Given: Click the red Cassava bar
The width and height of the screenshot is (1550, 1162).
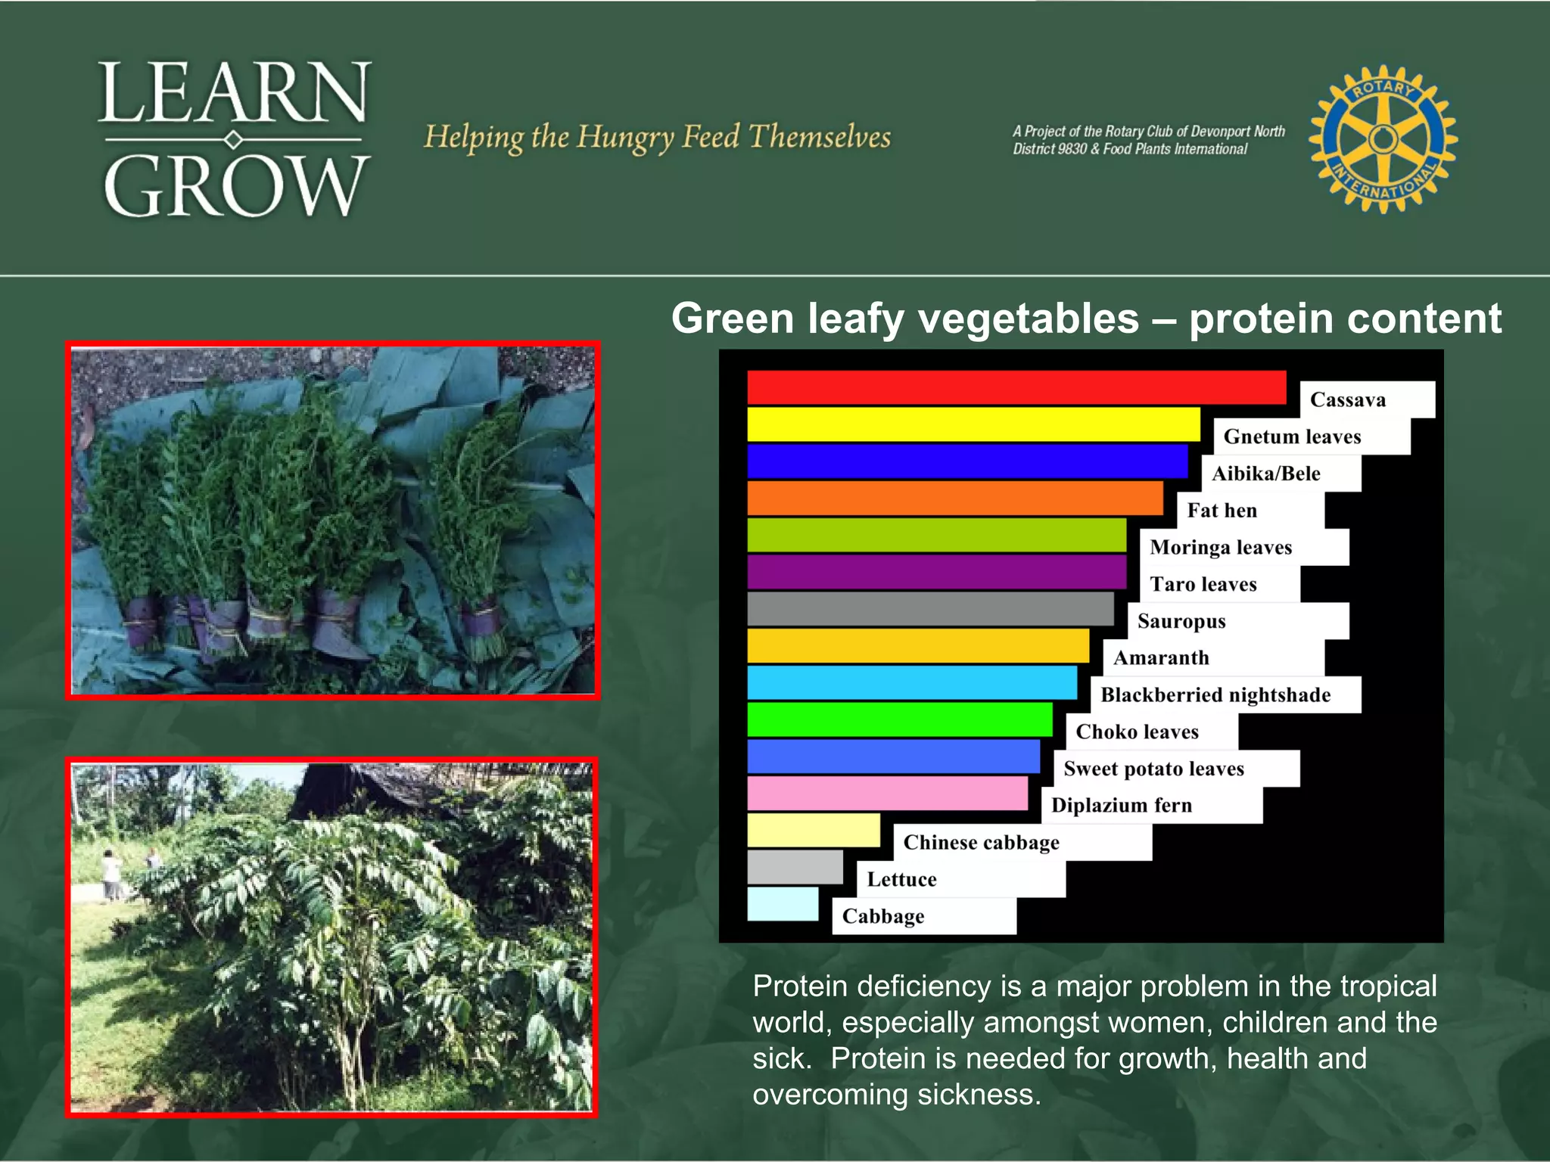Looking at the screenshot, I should pos(1016,387).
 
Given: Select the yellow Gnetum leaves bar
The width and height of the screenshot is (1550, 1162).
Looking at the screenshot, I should pos(973,424).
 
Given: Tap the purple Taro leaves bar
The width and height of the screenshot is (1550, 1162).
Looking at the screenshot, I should pos(936,572).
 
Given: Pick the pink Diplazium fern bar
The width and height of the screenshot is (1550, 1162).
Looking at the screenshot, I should pos(887,794).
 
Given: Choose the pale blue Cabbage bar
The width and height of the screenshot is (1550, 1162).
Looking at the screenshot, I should pos(783,904).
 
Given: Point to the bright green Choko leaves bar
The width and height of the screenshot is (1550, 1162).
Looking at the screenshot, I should pos(899,719).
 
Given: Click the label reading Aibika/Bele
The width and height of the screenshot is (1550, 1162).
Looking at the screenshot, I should pos(1265,474).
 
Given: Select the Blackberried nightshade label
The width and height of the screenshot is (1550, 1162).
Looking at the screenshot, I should pos(1215,694).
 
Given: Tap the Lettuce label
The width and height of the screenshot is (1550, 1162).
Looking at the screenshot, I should pos(901,879).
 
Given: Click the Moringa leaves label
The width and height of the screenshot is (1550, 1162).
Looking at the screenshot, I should pos(1220,547).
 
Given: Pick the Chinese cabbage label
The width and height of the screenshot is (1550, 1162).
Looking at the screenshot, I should pos(981,842).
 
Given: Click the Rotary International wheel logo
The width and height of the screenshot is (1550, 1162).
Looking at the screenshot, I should pos(1383,138).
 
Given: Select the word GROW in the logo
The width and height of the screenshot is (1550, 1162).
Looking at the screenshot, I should pos(235,186).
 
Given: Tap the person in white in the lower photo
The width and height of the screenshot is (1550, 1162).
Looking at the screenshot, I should pos(111,874).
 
